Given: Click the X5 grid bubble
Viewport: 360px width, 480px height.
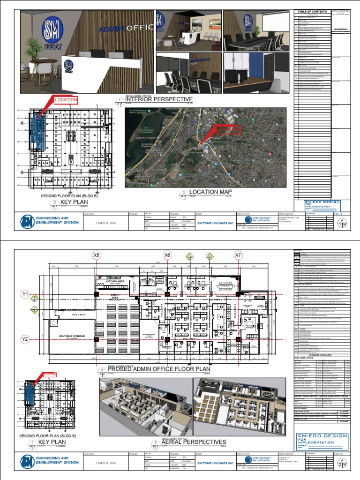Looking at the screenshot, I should (x=97, y=255).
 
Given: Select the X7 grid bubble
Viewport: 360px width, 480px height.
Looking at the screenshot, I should (x=239, y=255).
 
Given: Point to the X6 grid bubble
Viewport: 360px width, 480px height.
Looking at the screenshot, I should (x=167, y=255).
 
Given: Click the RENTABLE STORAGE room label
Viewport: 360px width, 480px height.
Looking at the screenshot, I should (x=72, y=336).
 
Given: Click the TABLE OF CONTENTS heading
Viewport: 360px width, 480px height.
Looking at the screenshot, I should (x=311, y=11).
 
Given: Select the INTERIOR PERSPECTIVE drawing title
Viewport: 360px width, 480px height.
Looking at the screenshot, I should (x=159, y=99).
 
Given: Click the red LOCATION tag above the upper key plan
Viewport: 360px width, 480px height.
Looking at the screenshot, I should (x=65, y=100).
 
